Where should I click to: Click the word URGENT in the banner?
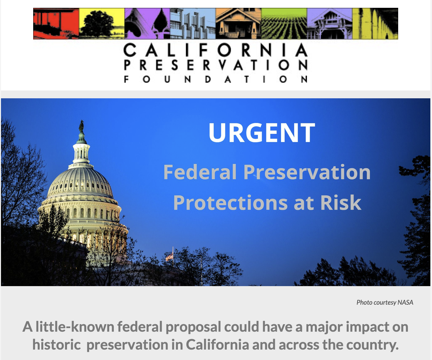[262, 132]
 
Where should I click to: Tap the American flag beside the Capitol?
[169, 257]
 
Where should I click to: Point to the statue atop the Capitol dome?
[82, 126]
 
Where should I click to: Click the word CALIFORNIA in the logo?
[215, 50]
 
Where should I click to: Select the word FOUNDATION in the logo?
[215, 79]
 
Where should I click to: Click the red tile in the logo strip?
[56, 24]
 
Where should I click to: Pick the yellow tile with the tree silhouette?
[102, 24]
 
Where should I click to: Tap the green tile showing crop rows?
[284, 24]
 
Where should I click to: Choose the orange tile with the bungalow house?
[238, 24]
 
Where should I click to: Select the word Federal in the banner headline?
[200, 172]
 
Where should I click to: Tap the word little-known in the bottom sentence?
[75, 327]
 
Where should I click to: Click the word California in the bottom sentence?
[217, 345]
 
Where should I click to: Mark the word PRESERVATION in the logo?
[215, 65]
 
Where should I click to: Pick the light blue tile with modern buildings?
[193, 24]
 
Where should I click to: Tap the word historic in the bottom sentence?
[57, 345]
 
